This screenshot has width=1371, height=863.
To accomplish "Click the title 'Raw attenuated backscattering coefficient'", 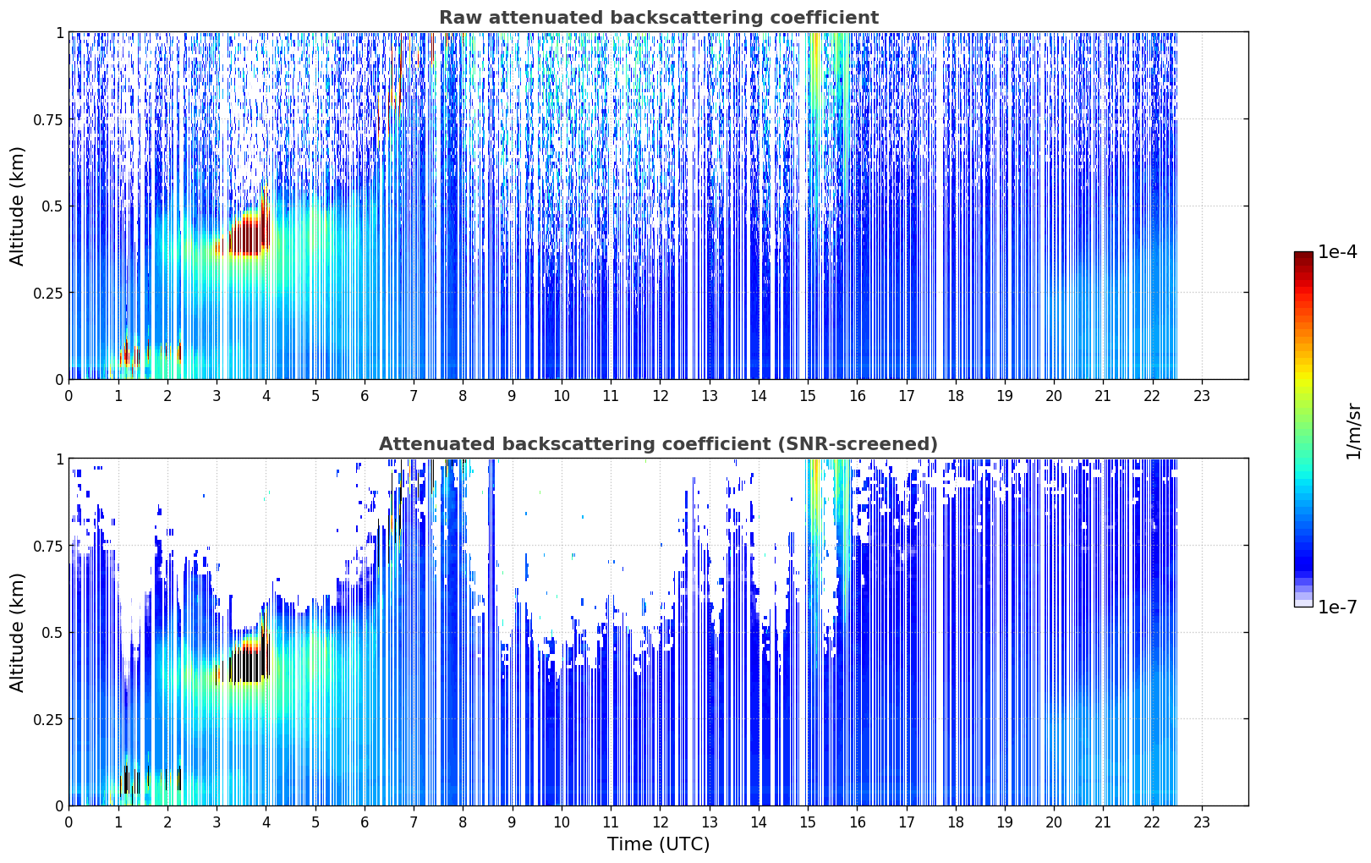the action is [659, 18].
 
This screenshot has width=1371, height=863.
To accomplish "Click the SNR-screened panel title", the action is [659, 443].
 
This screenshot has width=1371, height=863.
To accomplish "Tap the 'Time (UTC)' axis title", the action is [659, 844].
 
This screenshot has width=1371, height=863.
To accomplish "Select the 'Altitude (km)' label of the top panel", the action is [17, 206].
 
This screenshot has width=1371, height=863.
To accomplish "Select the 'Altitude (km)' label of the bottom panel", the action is [17, 632].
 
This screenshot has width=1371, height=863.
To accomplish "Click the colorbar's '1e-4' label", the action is [1337, 251].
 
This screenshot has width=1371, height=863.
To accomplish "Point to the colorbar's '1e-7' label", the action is [1337, 607].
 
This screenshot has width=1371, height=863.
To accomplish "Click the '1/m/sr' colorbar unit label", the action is [1353, 431].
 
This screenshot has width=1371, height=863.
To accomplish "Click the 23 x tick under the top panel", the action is [1202, 395].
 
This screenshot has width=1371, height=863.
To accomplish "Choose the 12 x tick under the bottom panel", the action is [660, 822].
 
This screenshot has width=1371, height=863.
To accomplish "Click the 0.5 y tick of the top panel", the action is [52, 206].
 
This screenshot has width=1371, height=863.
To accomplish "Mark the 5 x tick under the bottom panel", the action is [315, 822].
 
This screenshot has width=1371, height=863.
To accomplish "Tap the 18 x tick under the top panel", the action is [956, 395].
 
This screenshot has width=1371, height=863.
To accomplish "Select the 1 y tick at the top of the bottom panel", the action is [60, 459].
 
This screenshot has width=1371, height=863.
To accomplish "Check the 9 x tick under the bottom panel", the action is [513, 822].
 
